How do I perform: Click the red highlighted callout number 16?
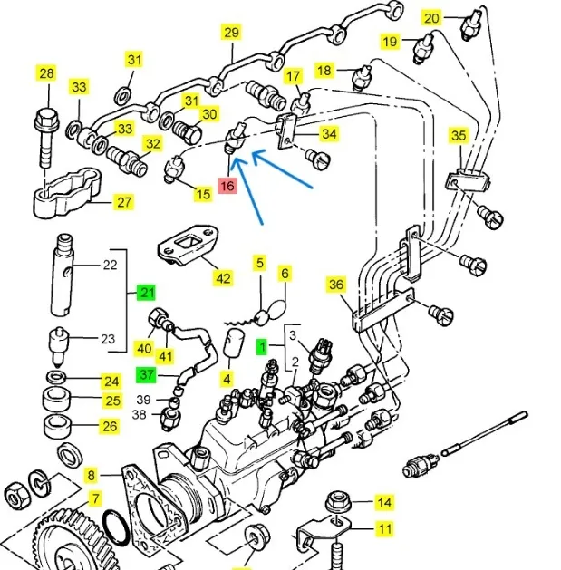[x=227, y=187]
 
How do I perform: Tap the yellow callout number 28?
[x=45, y=73]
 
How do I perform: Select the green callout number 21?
[x=146, y=292]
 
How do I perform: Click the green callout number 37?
[x=146, y=374]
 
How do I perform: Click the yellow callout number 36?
[x=337, y=285]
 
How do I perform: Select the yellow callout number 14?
[x=384, y=502]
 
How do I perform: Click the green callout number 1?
[x=263, y=346]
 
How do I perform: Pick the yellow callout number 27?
[x=122, y=203]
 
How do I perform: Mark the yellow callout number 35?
[x=459, y=137]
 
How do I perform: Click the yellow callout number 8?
[x=91, y=474]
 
